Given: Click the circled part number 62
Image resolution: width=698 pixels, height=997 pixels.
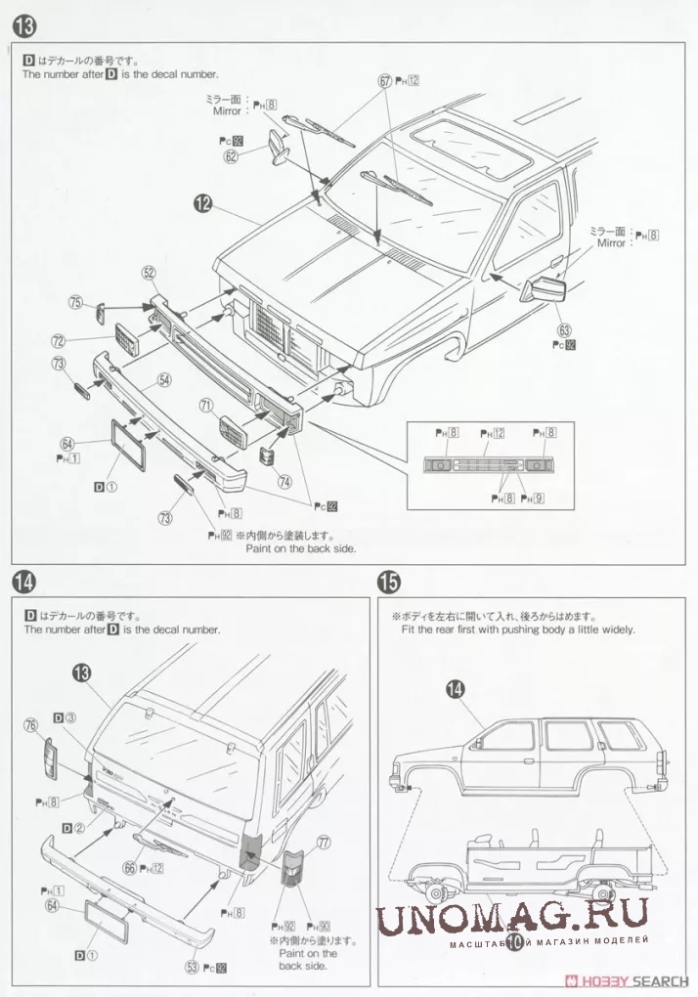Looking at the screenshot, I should (x=232, y=155).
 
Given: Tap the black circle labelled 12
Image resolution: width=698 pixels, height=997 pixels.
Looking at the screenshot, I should (x=202, y=203).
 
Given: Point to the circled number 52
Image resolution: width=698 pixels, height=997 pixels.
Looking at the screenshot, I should (x=149, y=273).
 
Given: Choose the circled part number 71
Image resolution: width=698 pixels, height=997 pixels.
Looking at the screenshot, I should (x=206, y=404).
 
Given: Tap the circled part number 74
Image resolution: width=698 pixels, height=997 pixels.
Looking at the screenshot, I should (x=284, y=480).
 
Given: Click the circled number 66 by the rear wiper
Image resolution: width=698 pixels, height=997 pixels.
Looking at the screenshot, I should (x=129, y=867).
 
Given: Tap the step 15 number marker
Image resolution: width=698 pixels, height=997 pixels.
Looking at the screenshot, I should (x=388, y=583).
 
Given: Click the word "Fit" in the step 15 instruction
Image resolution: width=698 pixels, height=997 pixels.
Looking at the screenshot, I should (x=409, y=630).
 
